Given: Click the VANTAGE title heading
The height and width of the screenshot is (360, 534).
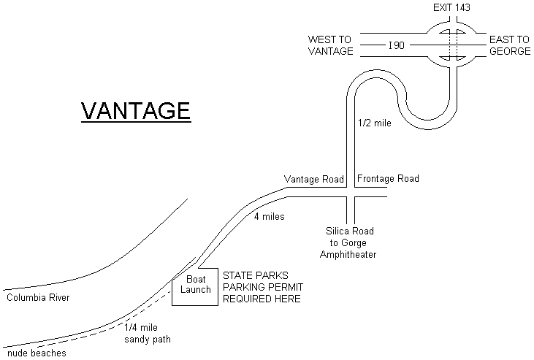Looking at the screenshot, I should tap(135, 110).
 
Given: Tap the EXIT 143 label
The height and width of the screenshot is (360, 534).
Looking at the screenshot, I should tap(452, 8).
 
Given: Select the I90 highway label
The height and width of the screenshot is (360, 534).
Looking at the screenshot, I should tap(397, 45).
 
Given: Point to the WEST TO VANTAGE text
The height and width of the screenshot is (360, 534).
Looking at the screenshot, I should tap(330, 45).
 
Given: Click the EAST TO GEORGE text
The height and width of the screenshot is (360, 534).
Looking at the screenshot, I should tap(510, 45).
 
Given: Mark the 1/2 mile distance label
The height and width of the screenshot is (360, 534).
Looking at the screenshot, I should tap(375, 123).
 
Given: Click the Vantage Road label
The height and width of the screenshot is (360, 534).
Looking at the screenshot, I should tap(314, 179).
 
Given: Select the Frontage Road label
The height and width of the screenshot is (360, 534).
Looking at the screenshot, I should tap(388, 179).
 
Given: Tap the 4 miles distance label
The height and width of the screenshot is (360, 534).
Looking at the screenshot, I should tap(269, 217).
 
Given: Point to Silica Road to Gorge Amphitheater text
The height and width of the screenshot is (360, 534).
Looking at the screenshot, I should tap(355, 242).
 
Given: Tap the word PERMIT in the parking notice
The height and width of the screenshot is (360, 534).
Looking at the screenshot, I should tap(283, 287).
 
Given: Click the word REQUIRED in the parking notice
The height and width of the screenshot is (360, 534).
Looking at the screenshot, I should tap(247, 299).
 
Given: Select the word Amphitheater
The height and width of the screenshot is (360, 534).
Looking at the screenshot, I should tap(355, 254).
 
